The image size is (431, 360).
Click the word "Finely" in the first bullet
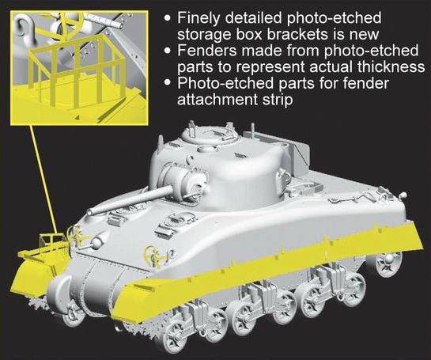198,18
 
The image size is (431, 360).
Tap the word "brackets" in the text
304,34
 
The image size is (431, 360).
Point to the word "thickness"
391,66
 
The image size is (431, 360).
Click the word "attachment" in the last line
216,99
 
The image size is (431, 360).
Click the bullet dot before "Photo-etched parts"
168,82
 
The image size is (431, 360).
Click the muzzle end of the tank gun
89,212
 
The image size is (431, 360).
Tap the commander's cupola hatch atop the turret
210,135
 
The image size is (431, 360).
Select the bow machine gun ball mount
97,242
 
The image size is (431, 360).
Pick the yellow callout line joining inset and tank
44,180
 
